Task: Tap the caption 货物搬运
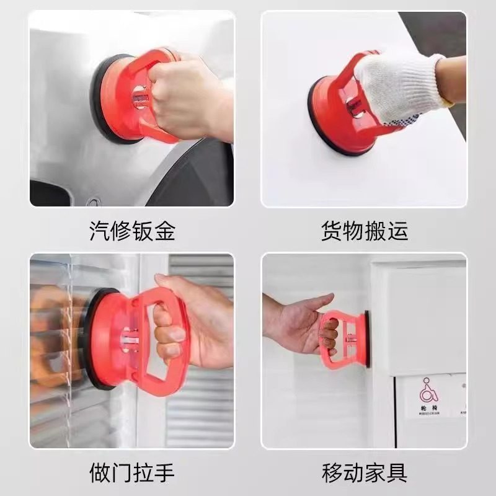(x=364, y=231)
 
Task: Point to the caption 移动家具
(x=364, y=473)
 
